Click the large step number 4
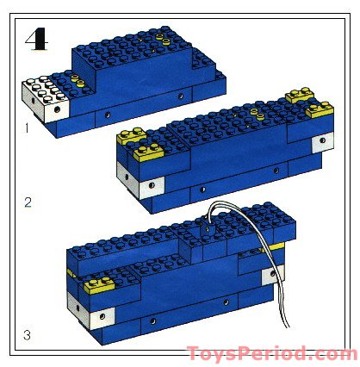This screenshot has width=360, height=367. coord(38,40)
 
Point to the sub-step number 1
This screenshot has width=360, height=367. coord(28,129)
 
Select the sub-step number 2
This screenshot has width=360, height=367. coord(28,204)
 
